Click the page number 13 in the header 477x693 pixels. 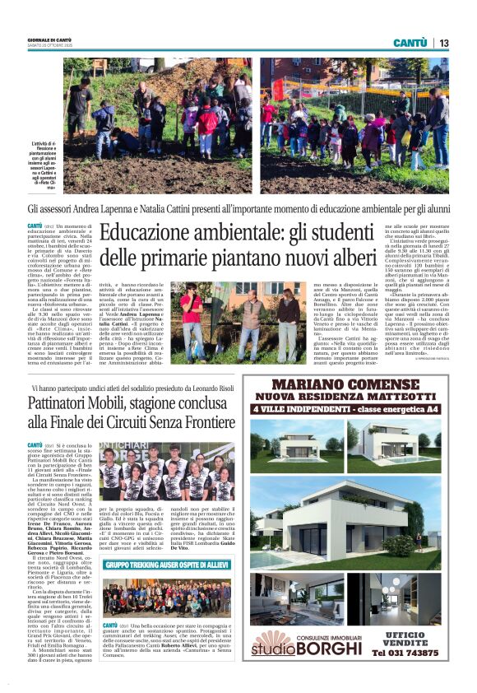[x=444, y=43]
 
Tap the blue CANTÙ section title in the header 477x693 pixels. [x=410, y=43]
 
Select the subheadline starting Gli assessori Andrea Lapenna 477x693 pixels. [x=238, y=210]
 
